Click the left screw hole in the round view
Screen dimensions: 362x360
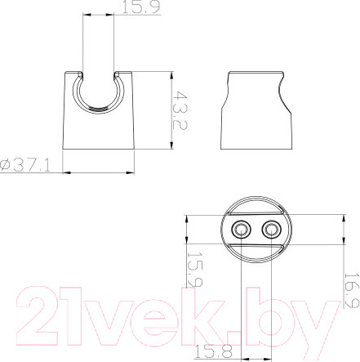[x=241, y=230]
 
